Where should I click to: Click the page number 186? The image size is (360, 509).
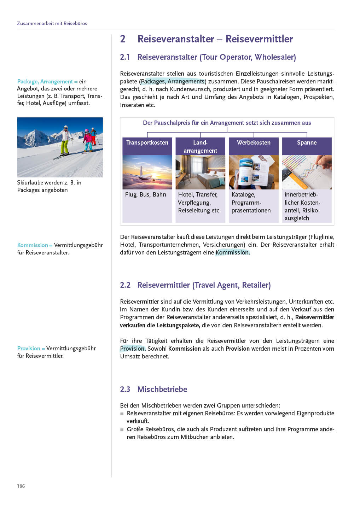click(21, 486)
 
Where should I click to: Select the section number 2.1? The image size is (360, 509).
click(125, 57)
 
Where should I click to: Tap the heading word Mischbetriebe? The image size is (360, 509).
click(162, 389)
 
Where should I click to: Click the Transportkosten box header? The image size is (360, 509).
click(147, 143)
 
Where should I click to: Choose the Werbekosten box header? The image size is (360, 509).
click(254, 143)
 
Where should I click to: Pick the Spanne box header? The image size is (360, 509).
click(307, 143)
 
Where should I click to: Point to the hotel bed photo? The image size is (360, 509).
click(200, 172)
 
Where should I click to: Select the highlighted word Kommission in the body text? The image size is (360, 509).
click(232, 252)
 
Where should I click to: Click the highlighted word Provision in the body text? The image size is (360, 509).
click(132, 349)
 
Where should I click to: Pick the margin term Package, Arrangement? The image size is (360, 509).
click(45, 82)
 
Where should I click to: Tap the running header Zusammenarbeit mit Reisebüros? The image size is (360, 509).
click(52, 23)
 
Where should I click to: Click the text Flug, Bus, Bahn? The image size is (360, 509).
click(145, 194)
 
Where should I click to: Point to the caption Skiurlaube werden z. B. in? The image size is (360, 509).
click(49, 183)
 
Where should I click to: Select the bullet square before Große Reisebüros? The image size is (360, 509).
click(122, 430)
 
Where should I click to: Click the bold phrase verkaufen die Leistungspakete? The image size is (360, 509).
click(160, 325)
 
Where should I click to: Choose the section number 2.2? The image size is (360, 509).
click(125, 285)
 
